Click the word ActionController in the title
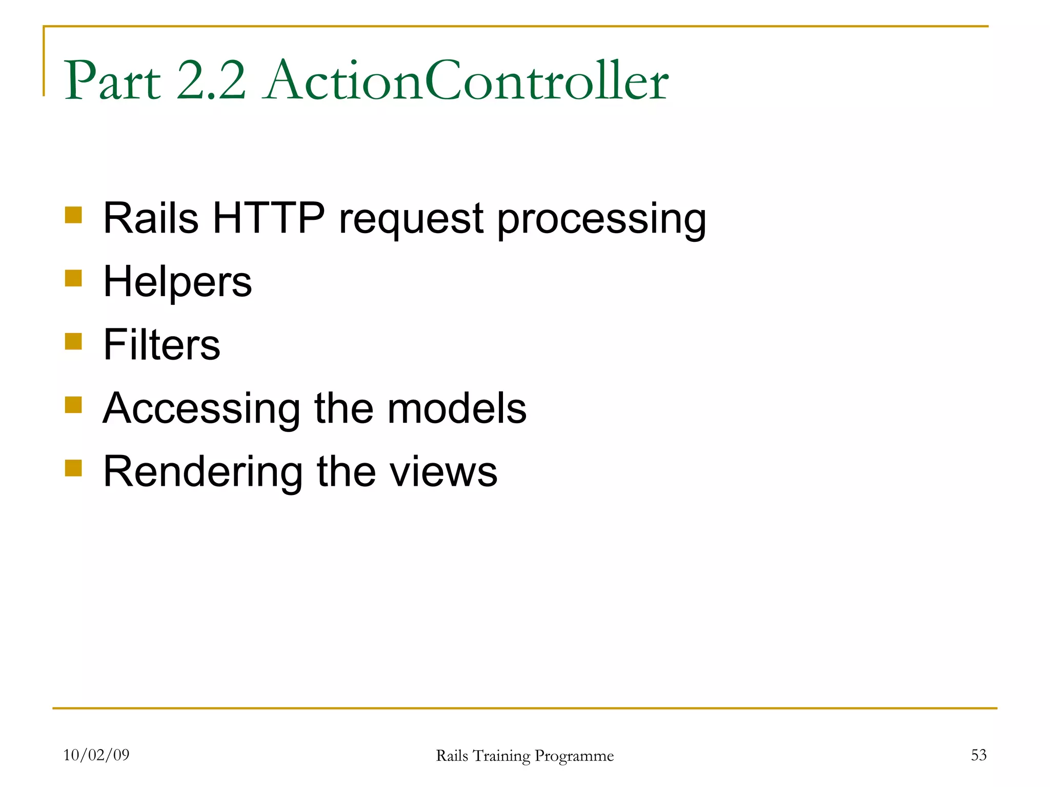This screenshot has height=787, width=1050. (467, 81)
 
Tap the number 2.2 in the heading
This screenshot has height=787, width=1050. (211, 81)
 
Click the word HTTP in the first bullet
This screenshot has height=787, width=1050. (269, 218)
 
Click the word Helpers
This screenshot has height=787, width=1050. (177, 282)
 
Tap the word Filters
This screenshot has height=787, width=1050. (161, 345)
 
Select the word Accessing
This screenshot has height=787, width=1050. (201, 409)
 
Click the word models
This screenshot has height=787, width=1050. (457, 408)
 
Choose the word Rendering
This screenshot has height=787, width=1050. (203, 472)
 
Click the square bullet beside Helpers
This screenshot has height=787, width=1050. (73, 278)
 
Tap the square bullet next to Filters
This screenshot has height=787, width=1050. (73, 341)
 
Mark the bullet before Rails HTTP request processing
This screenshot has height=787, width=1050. (73, 215)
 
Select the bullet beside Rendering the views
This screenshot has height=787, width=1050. (73, 468)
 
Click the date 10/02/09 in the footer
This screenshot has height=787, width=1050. (96, 755)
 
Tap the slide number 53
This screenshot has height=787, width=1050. (978, 755)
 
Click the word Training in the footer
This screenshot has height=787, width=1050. (501, 756)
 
